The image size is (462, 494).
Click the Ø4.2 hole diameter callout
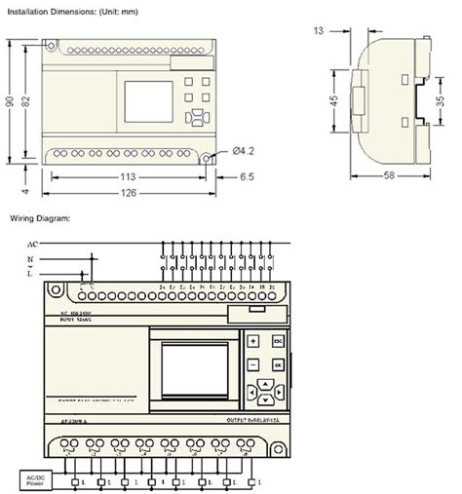click(x=245, y=151)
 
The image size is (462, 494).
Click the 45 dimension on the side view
click(x=334, y=101)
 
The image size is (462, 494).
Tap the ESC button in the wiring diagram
click(x=278, y=342)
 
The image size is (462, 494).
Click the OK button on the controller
click(x=278, y=364)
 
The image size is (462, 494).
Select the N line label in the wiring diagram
click(x=32, y=259)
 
